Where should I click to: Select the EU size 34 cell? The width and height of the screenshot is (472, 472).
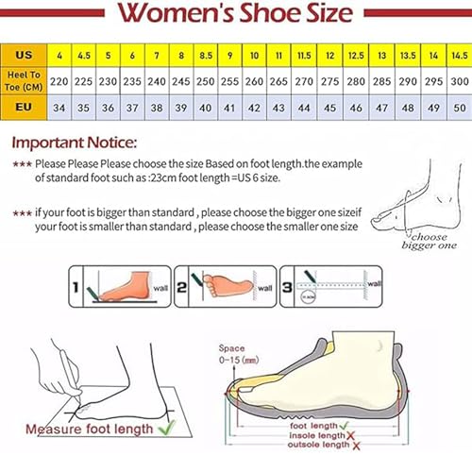tap(59, 108)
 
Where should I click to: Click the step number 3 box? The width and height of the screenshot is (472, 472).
tap(290, 281)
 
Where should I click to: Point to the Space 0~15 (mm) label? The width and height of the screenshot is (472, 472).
tap(238, 353)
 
